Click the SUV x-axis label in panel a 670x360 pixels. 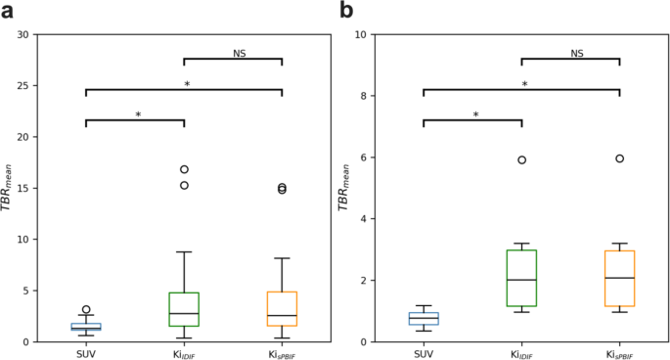click(86, 353)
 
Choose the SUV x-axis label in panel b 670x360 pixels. click(424, 353)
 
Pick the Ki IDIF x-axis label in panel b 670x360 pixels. click(521, 353)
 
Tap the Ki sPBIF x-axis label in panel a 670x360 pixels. click(282, 353)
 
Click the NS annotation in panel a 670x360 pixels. click(240, 53)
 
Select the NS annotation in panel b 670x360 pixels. click(577, 53)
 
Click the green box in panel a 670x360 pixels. click(184, 309)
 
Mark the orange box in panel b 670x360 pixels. click(619, 279)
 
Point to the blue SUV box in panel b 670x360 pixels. click(424, 318)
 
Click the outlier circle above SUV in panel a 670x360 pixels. click(86, 309)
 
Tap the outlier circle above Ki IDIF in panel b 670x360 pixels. click(521, 159)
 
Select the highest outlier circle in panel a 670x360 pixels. click(184, 169)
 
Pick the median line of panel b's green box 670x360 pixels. click(521, 280)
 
